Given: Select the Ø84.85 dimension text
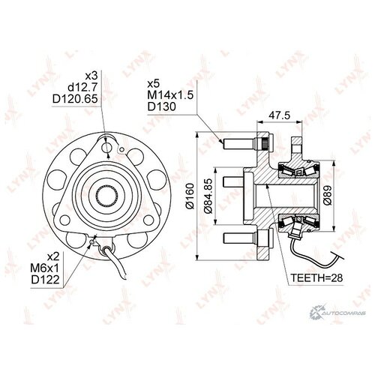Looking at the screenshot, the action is [x=208, y=196].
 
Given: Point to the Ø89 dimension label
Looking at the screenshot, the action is [x=328, y=195].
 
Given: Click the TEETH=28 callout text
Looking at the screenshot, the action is [x=316, y=277].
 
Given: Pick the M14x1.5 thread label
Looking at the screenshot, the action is [x=170, y=95].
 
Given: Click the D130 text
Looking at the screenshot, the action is [x=162, y=106].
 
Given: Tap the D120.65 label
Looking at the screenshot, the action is [x=75, y=99].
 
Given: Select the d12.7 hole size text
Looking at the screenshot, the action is [x=82, y=87].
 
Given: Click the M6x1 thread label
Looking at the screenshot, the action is [x=45, y=268].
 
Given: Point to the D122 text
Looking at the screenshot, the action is [x=45, y=280].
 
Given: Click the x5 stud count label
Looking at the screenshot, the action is [x=154, y=84].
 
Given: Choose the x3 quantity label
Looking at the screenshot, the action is [x=91, y=76].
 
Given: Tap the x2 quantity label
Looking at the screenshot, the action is [x=53, y=257].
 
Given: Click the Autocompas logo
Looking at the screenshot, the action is [x=337, y=312].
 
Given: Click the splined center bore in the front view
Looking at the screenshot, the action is [x=107, y=195].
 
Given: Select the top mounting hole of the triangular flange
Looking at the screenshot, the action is [x=106, y=147].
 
